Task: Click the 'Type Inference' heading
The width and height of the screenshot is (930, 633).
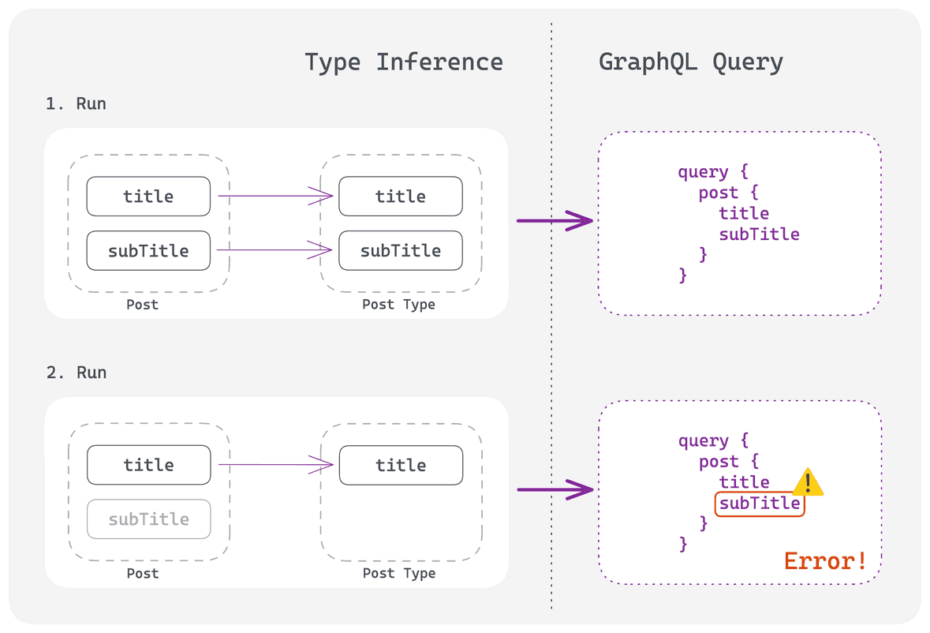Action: pos(403,62)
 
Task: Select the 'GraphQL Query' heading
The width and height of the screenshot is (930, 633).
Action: pos(691,62)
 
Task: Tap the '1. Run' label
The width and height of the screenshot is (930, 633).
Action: pos(76,104)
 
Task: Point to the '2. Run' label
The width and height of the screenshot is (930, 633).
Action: pos(77,373)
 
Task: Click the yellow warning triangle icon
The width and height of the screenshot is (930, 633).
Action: pos(808,482)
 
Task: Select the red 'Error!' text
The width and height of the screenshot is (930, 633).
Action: pos(825,560)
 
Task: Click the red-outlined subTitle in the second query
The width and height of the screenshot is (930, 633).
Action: pos(760,504)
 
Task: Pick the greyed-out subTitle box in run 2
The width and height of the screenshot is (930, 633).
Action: pos(149,519)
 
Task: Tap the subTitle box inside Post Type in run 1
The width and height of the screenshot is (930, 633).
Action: pos(401,250)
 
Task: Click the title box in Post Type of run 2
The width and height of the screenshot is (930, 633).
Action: pos(401,465)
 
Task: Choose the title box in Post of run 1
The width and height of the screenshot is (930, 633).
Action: pos(148,197)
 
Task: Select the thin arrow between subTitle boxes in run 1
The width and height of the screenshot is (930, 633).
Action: pos(274,249)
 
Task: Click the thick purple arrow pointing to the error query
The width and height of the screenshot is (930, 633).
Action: pos(555,490)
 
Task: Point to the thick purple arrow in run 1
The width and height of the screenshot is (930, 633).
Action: pos(555,221)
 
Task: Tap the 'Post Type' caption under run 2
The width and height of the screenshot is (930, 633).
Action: pos(399,573)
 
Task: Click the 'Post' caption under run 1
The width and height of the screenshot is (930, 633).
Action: pos(142,305)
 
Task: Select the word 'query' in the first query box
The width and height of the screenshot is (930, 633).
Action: pos(703,172)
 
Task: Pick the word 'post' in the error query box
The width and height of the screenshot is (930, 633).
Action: pos(719,462)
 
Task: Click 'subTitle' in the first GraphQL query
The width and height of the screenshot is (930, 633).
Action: pos(759,234)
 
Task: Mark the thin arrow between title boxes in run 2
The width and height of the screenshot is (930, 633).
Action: pos(276,465)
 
